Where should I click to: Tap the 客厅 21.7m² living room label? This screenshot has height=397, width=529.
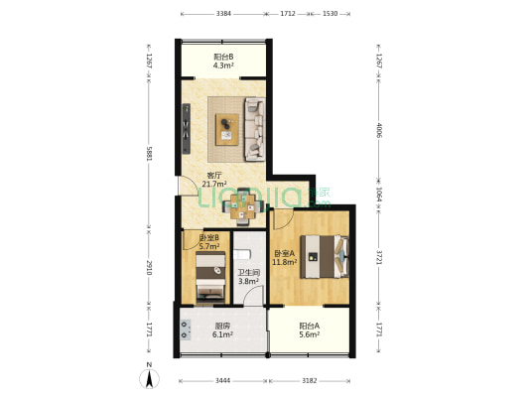tap(213, 180)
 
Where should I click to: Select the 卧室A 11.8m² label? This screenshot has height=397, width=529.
tap(287, 257)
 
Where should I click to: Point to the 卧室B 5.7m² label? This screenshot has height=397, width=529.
tap(208, 242)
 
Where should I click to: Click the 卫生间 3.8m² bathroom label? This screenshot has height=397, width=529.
tap(248, 277)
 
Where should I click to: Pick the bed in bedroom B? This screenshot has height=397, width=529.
tap(208, 275)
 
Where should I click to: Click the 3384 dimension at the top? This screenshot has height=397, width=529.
tap(223, 14)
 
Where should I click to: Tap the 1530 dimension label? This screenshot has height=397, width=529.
tap(331, 14)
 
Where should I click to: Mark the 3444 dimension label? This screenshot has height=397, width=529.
tap(222, 381)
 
